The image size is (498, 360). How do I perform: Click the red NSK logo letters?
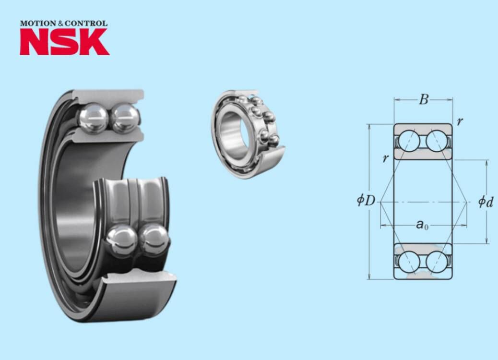[65, 42]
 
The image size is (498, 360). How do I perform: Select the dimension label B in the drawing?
[424, 99]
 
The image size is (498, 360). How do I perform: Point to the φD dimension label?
[366, 201]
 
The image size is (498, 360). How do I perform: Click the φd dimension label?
[486, 202]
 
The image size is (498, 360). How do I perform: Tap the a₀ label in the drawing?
[422, 225]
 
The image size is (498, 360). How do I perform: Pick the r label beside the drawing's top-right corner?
[460, 121]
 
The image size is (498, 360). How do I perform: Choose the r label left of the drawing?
[386, 157]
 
